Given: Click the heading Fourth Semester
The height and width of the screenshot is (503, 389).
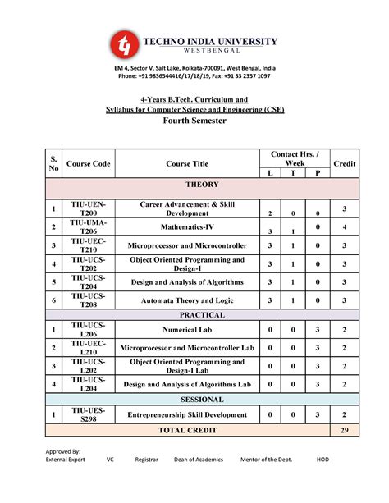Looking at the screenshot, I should tap(194, 121).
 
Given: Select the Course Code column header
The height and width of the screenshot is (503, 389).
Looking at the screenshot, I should tap(89, 164).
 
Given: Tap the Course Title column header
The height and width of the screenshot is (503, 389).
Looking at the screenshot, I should tap(193, 164).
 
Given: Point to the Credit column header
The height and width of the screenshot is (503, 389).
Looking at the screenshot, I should tap(344, 164).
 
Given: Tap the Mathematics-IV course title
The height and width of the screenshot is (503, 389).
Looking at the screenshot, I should tap(193, 226).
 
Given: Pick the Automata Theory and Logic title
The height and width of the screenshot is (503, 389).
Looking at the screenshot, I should tap(193, 300).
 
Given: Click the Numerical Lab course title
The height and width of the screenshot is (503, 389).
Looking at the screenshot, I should tap(193, 330).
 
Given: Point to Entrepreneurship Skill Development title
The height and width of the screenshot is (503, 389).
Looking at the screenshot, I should tap(193, 414).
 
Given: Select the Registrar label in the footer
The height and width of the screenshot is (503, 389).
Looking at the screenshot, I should tap(146, 460).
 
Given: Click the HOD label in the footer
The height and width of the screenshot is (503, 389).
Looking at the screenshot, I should tap(323, 460).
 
